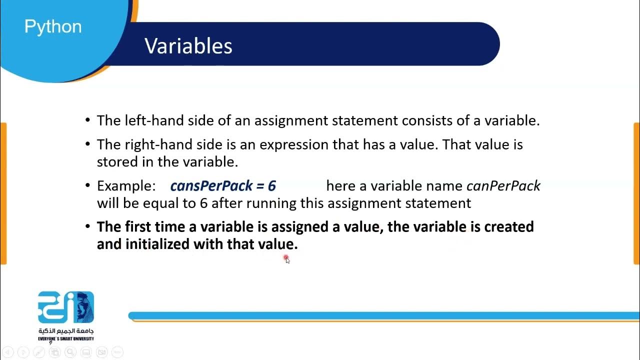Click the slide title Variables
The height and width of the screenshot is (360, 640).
188,46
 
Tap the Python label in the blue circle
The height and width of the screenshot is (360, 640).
53,26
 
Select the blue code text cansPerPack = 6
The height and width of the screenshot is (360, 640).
223,186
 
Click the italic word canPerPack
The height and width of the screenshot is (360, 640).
503,186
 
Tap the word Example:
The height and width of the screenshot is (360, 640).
126,186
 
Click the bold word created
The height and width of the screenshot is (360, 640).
509,227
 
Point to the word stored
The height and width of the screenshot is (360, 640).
116,161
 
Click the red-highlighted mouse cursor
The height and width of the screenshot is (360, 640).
286,258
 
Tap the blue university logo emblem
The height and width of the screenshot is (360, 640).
66,307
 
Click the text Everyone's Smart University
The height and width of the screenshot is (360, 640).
66,338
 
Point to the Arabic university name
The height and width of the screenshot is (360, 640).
66,331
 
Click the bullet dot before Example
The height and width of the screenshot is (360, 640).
87,186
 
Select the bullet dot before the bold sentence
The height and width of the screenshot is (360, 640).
87,227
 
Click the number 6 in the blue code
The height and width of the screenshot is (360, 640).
271,186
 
